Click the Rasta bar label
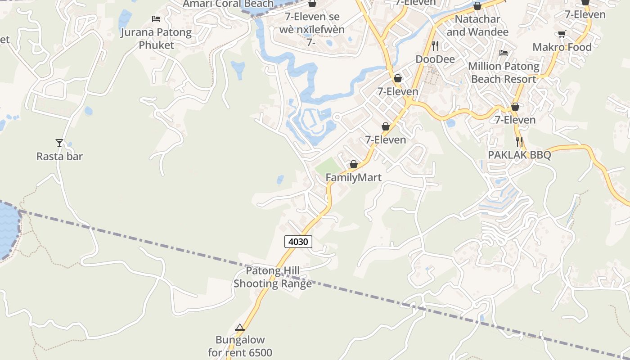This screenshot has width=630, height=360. pyautogui.click(x=59, y=157)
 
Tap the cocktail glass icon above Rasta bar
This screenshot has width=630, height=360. pyautogui.click(x=59, y=143)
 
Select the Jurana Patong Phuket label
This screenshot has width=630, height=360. pyautogui.click(x=156, y=39)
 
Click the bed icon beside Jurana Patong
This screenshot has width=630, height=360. pyautogui.click(x=156, y=19)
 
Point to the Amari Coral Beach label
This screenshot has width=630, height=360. pyautogui.click(x=228, y=4)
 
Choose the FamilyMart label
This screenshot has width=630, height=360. pyautogui.click(x=353, y=178)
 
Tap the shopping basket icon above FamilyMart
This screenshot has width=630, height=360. pyautogui.click(x=354, y=164)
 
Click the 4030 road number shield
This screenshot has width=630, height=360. pyautogui.click(x=298, y=242)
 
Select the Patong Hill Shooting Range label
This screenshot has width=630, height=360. pyautogui.click(x=273, y=277)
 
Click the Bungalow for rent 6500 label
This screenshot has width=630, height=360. pyautogui.click(x=240, y=346)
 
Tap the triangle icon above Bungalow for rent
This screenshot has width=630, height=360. pyautogui.click(x=240, y=327)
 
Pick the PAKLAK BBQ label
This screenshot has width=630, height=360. pyautogui.click(x=519, y=155)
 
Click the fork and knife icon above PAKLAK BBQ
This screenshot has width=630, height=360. pyautogui.click(x=519, y=142)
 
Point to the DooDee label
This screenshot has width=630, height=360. pyautogui.click(x=435, y=59)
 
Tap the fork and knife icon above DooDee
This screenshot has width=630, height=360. pyautogui.click(x=435, y=45)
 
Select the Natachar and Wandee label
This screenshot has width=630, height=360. pyautogui.click(x=477, y=26)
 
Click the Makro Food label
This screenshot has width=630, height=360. pyautogui.click(x=562, y=47)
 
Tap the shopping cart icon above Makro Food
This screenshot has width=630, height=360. pyautogui.click(x=562, y=34)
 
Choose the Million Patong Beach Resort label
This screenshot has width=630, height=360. pyautogui.click(x=504, y=72)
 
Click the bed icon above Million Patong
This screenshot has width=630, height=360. pyautogui.click(x=504, y=53)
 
